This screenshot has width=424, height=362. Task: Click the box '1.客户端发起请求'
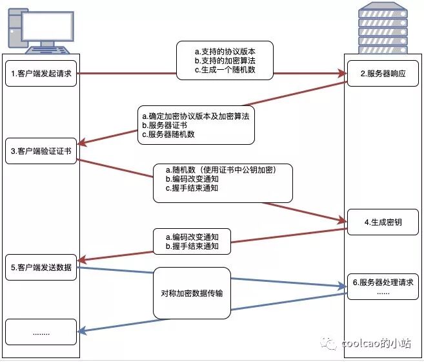tap(41, 74)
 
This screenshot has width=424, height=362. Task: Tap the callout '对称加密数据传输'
tap(192, 293)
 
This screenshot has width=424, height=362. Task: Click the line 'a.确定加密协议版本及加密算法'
tap(195, 115)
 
